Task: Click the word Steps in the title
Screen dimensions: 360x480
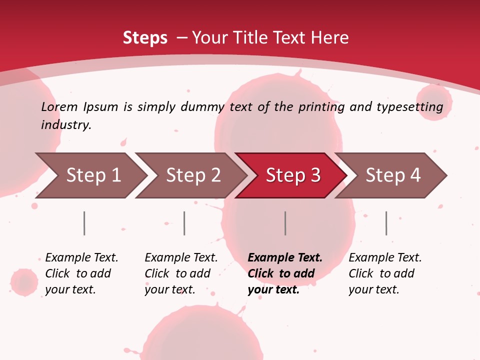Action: pos(145,38)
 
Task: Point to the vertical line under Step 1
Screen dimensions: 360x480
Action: pos(84,223)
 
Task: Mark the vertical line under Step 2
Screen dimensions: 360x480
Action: pos(184,223)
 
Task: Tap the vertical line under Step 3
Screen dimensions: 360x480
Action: pos(285,223)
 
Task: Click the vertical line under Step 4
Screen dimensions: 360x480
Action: pos(386,223)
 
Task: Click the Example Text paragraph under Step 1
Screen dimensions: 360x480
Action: pos(81,273)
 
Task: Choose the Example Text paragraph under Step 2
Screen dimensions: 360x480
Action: pos(180,273)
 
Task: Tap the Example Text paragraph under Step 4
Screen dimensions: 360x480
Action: pos(384,273)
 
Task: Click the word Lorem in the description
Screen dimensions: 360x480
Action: pos(59,107)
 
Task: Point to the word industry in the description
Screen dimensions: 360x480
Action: pos(66,125)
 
